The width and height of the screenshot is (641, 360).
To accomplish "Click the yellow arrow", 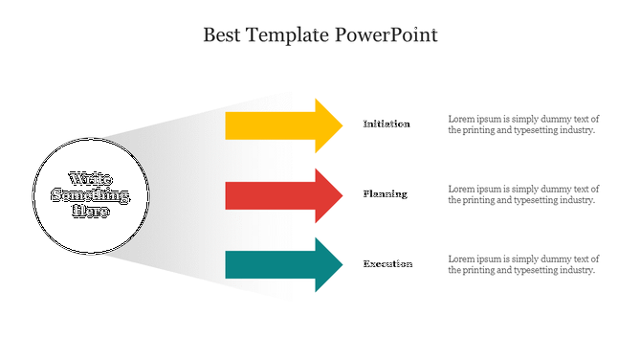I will point(277,125).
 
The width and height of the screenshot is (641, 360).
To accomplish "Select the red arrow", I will point(277,195).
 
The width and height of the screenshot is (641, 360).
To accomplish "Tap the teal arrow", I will point(277,265).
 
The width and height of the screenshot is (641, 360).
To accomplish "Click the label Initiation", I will point(387,124).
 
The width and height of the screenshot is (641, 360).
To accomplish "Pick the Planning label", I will point(385,193).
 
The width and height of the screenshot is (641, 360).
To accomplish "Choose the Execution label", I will point(387,263).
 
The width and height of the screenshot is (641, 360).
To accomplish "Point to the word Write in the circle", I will point(90,179).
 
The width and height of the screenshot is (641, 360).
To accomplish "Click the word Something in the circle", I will point(90,195).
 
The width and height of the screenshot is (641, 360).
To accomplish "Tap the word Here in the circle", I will point(91,212).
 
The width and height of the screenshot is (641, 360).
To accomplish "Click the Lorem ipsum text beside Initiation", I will point(523,124).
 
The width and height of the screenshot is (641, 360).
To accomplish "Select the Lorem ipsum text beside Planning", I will point(523,194).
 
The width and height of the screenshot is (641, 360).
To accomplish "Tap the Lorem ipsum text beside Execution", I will point(523,264).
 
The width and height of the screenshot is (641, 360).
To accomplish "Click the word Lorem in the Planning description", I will point(461,189).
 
